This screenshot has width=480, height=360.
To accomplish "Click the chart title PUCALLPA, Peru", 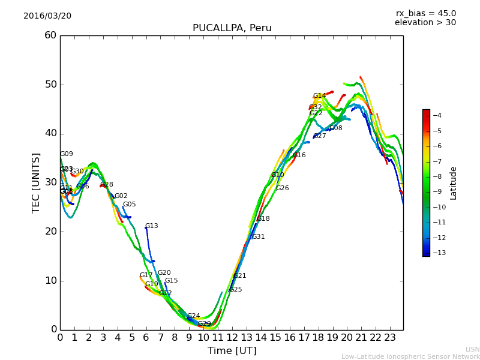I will coord(232,28).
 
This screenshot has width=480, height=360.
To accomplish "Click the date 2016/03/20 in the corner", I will coord(47,16).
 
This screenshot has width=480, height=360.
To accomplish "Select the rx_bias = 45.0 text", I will coord(425,13).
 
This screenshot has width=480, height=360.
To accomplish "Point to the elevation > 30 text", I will coord(425,23).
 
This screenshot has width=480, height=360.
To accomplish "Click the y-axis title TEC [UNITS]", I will coord(36,182).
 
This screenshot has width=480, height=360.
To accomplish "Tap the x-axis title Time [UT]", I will coord(232,351).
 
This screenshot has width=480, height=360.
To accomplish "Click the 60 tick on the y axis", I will coord(50,35).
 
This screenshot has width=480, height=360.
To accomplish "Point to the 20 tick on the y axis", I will coord(50,232).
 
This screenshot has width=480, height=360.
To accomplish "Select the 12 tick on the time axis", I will coord(232,337).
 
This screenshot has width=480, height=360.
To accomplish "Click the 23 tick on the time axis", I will coord(390,337).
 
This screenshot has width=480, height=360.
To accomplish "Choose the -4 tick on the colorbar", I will coord(437,115).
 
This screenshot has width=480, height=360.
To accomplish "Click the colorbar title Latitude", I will coord(454,183).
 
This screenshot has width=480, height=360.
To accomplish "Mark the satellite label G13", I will coord(151,226).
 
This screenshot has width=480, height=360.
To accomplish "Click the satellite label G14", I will coord(319,96).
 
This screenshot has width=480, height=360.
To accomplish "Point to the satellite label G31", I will coord(258,237).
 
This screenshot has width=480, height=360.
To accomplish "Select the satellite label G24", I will coord(193,316).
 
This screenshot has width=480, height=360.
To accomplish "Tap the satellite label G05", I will coord(129,205).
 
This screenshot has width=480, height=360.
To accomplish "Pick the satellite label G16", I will coord(299,155).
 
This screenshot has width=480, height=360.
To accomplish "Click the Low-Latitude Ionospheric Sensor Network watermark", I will coord(410,357).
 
